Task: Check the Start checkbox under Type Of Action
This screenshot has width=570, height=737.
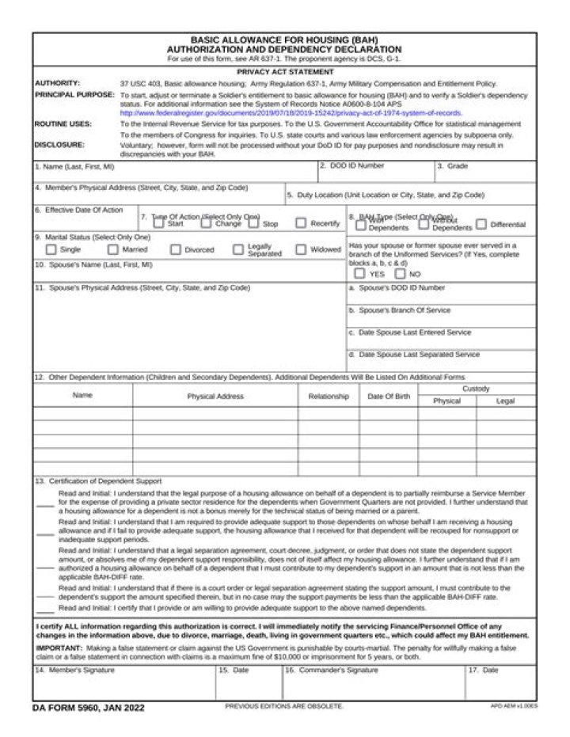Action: (158, 223)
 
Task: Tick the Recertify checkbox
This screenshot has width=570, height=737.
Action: (301, 223)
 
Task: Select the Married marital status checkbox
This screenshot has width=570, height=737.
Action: (113, 249)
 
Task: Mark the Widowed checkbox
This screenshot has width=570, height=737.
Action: (301, 249)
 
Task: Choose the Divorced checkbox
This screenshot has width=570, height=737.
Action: (176, 249)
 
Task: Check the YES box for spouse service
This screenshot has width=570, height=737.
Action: (360, 274)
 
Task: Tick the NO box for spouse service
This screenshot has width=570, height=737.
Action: (400, 274)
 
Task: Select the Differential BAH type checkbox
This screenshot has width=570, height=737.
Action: (481, 224)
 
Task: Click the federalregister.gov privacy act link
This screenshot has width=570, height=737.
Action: (291, 113)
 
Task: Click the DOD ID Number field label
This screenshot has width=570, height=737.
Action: (353, 166)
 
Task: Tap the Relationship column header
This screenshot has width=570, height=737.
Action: (328, 396)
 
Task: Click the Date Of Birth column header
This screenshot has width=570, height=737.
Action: (389, 396)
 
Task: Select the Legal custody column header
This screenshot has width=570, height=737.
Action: (505, 401)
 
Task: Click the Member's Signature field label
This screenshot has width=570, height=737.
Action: (74, 671)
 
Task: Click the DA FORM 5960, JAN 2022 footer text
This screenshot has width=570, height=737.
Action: (89, 707)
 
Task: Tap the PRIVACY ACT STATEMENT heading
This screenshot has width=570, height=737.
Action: (284, 72)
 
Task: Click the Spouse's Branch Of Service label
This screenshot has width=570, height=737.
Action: (400, 310)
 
